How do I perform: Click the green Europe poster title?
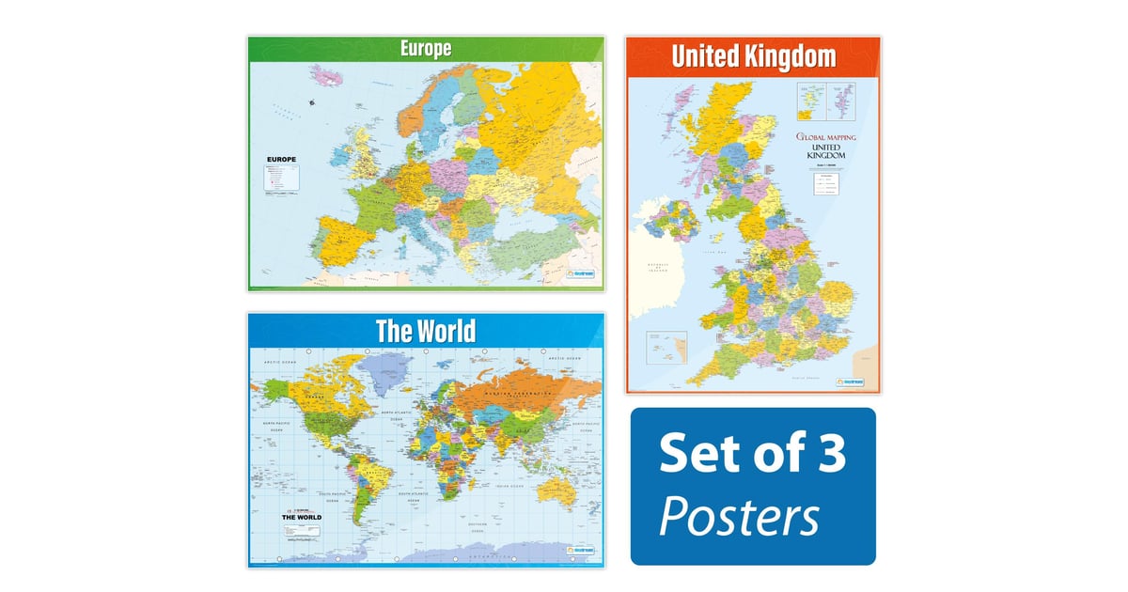pos(424,49)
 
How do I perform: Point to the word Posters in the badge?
pos(738,516)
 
